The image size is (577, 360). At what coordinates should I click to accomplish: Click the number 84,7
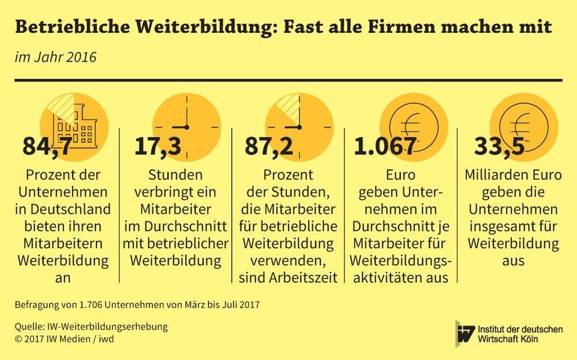pos(48,147)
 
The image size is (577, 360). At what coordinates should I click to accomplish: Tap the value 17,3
pos(158,147)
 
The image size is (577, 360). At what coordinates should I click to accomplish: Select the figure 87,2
pos(269,147)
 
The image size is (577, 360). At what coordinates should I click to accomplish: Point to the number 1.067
pos(384,147)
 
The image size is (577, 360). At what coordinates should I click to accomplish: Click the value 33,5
pos(500,147)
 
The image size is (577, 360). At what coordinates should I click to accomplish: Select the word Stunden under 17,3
pos(175,175)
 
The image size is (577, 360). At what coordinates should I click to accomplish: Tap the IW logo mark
pos(465,333)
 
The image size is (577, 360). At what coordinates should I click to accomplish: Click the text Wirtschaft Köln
pos(508,339)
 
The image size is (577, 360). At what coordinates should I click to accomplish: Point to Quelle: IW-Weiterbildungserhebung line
pos(91,327)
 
